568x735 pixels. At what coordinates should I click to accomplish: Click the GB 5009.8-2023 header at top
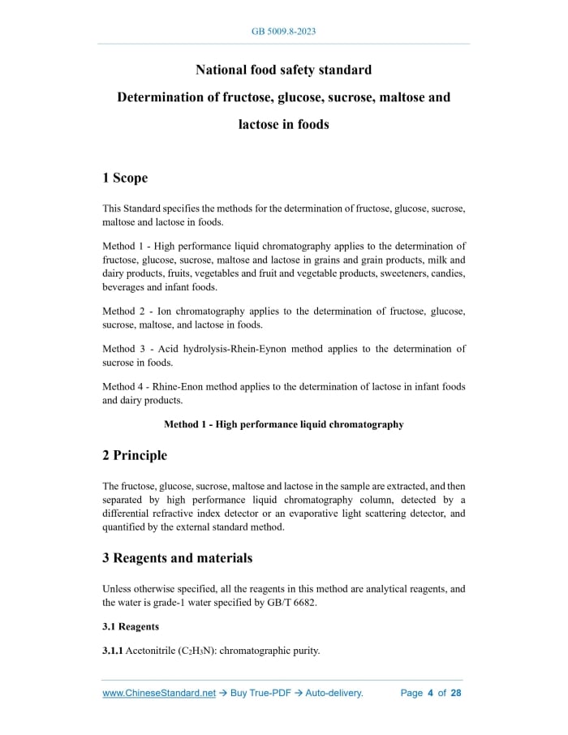click(283, 32)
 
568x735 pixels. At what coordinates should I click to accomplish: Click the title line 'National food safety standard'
click(283, 69)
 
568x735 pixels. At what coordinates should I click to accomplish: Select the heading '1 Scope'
click(125, 178)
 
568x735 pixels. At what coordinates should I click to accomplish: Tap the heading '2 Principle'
click(135, 455)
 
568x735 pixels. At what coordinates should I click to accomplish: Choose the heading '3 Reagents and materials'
click(177, 557)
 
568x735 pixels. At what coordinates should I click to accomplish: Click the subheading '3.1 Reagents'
click(131, 626)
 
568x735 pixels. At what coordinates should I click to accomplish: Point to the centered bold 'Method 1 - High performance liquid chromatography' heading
click(283, 424)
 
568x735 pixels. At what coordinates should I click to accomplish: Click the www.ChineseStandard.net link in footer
click(159, 693)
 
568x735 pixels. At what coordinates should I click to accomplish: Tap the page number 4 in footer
click(430, 693)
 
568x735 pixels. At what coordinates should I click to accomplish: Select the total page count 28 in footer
click(456, 693)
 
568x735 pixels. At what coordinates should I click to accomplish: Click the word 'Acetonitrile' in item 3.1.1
click(150, 651)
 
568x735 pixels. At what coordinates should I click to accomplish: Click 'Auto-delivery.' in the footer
click(334, 693)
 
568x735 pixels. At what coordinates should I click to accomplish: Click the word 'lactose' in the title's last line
click(259, 125)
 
